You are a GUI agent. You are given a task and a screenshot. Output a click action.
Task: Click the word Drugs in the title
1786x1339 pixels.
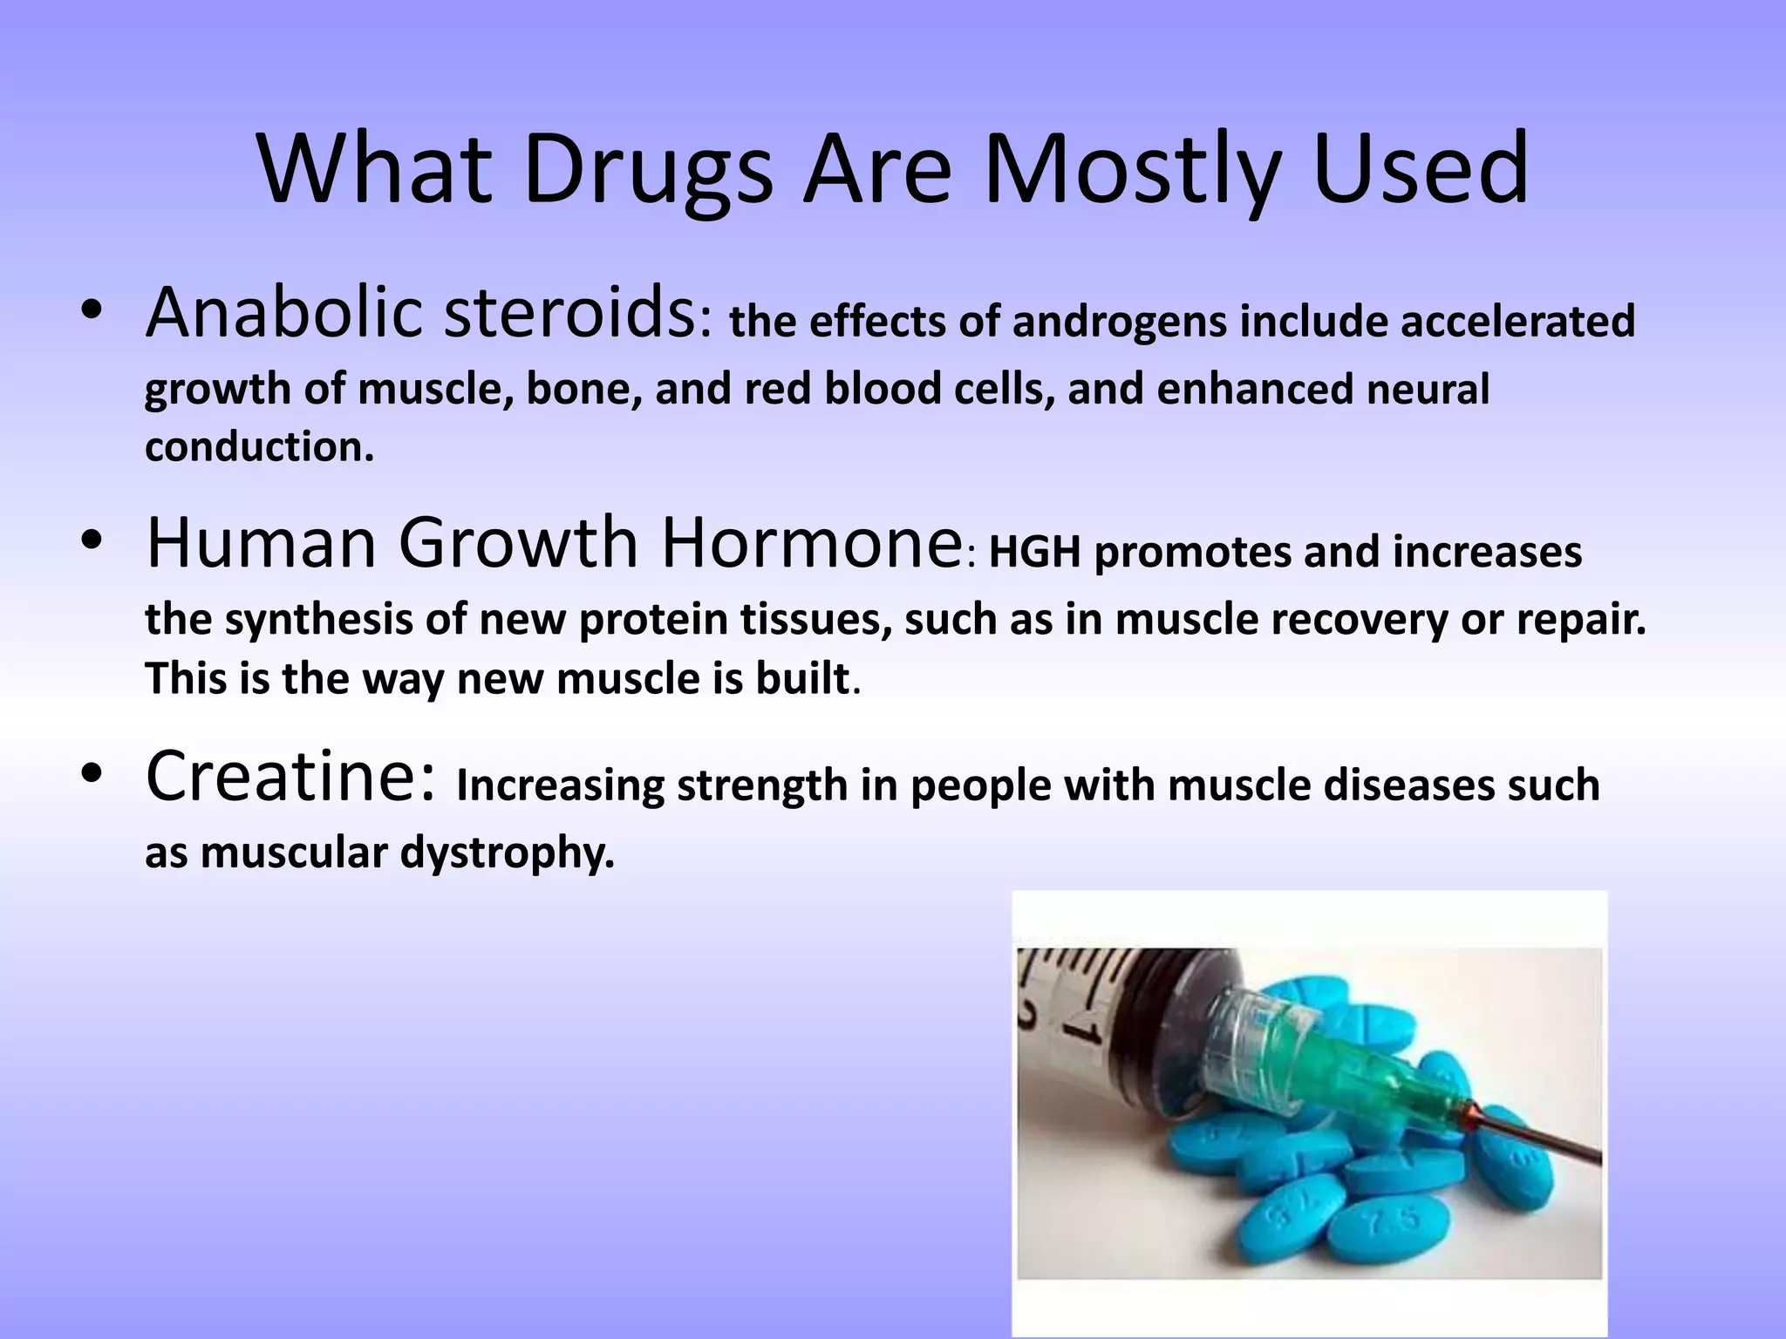(x=647, y=170)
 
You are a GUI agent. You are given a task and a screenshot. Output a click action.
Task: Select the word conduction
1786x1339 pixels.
(x=258, y=447)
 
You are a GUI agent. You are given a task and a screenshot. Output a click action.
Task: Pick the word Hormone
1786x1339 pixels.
(x=811, y=543)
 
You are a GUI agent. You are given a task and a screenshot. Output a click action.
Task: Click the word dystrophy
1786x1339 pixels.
(x=507, y=853)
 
